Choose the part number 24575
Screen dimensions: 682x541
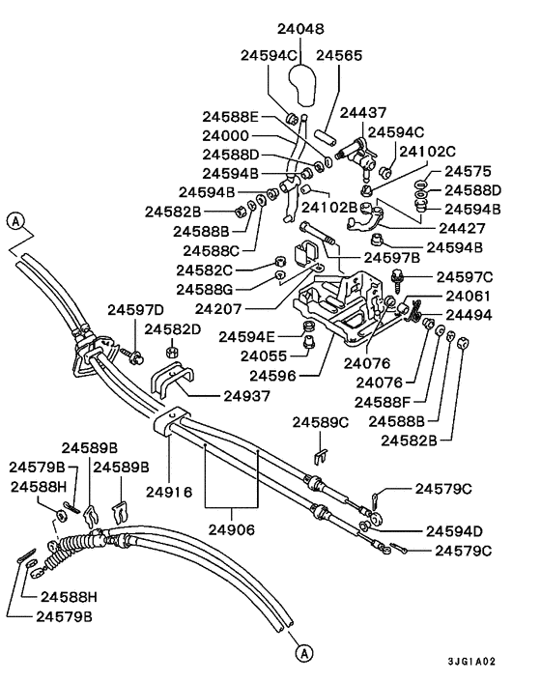(468, 170)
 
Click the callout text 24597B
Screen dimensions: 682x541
(392, 258)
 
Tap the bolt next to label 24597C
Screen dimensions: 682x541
(397, 280)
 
